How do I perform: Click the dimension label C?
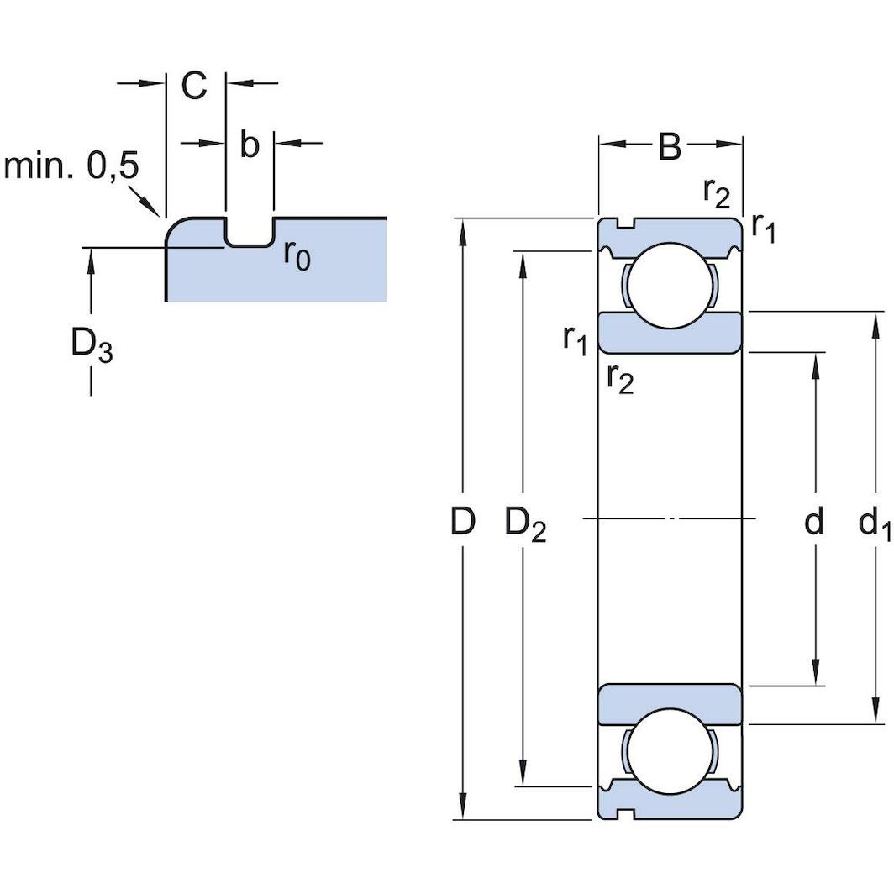point(194,86)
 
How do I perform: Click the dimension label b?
point(250,145)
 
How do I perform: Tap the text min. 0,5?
point(71,166)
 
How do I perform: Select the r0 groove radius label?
point(297,254)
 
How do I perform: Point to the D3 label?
point(91,345)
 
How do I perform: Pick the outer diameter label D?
point(462,522)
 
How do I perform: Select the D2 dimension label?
point(525,524)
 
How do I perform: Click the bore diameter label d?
point(813,522)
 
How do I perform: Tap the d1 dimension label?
point(874,524)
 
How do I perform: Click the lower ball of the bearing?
point(670,750)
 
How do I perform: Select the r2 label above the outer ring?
point(717,193)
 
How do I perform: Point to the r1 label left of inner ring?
point(576,339)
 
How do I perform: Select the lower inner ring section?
point(670,704)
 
